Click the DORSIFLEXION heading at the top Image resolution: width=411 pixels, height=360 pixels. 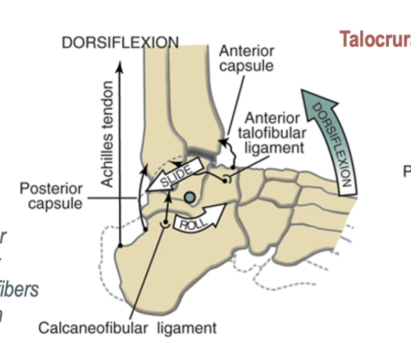(x=120, y=43)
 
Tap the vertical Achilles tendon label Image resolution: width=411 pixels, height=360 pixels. (x=107, y=134)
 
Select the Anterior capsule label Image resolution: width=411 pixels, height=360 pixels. (x=246, y=59)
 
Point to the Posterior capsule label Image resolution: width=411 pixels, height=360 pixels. (x=51, y=196)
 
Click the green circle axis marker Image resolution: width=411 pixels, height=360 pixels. (x=190, y=197)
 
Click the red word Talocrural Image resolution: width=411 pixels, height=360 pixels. (x=374, y=39)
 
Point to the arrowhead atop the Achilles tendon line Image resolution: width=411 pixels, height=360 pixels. (x=120, y=66)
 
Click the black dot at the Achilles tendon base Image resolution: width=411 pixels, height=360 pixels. (x=121, y=245)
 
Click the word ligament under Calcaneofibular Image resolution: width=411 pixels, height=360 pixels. (x=189, y=329)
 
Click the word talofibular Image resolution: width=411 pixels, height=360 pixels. (x=275, y=133)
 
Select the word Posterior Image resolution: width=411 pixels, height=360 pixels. (x=51, y=188)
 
